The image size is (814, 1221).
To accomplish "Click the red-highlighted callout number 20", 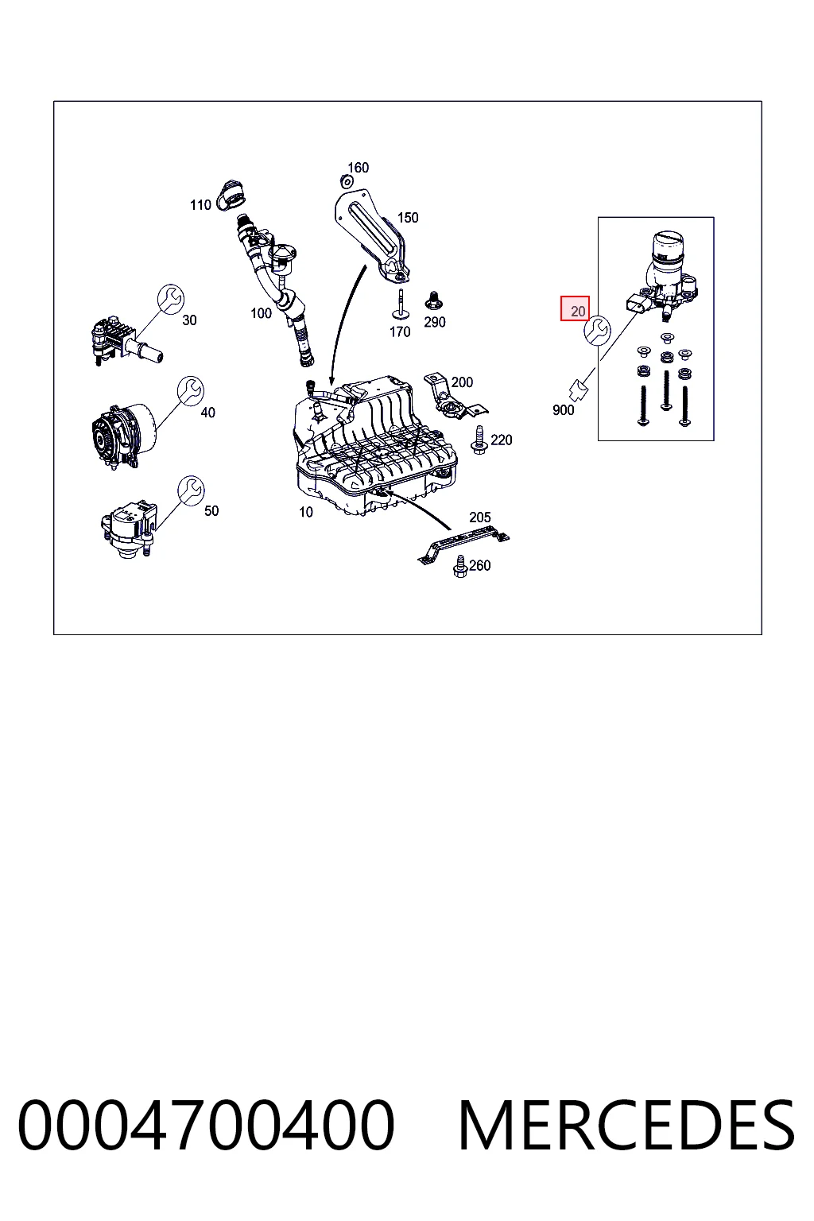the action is coord(577,312).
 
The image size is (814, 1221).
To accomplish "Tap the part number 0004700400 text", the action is coord(206,1125).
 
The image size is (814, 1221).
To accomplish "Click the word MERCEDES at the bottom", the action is coord(627,1125).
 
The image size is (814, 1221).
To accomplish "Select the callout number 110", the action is coord(200,205).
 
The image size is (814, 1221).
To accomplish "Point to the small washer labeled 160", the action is coord(344,179).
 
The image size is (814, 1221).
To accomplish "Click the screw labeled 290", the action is coord(433,300).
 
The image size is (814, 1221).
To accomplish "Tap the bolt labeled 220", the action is coord(479,440).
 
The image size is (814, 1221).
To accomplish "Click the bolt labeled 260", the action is coord(460,566).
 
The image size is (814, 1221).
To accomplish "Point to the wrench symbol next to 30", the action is coord(171,299).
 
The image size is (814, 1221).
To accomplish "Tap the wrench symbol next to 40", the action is coord(191,391).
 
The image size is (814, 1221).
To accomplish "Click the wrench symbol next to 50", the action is coord(191,490).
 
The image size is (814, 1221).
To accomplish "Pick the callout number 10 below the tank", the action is coord(306,512).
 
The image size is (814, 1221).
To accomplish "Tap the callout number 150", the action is coord(408,218).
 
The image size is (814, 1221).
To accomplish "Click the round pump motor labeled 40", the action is coord(123,435).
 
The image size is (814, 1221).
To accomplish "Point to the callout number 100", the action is coord(261,313).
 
